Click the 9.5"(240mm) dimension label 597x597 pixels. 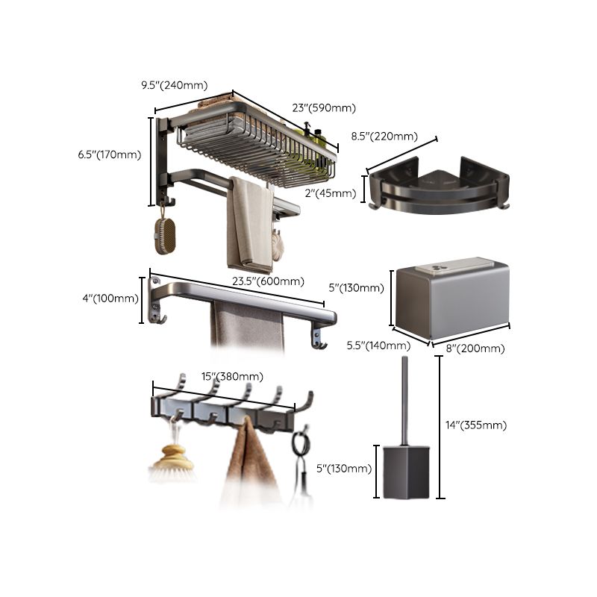[x=174, y=85]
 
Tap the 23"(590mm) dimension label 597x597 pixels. [x=324, y=108]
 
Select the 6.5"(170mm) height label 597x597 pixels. [x=109, y=154]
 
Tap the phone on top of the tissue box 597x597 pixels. [x=455, y=265]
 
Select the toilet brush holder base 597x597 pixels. [x=406, y=472]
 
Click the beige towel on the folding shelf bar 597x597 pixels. [x=250, y=224]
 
